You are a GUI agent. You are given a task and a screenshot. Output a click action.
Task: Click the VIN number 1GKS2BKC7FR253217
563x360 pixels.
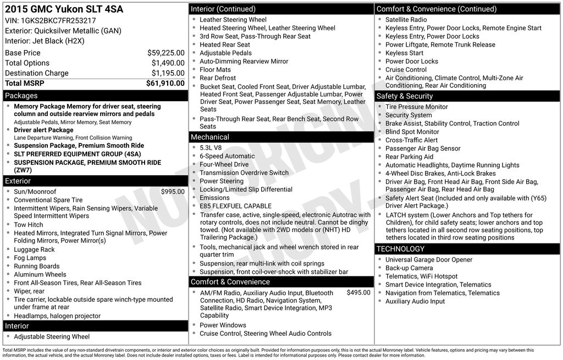[58, 20]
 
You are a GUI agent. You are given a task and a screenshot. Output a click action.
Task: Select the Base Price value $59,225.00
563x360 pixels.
[165, 53]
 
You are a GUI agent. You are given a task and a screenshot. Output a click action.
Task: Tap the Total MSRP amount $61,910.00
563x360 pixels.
[165, 83]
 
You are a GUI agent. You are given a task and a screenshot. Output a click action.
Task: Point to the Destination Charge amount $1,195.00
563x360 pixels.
[168, 73]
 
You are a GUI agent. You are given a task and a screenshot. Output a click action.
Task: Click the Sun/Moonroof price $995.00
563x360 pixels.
[173, 192]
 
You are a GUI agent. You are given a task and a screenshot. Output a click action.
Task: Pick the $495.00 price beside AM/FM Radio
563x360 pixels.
[358, 293]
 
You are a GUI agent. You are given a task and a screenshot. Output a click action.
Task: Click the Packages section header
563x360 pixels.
[21, 96]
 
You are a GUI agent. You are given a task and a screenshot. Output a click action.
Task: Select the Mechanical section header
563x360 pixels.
[210, 137]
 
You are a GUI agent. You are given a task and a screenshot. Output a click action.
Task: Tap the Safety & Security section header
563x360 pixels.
[404, 96]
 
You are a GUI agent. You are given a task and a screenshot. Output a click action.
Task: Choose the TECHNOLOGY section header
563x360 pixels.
[400, 249]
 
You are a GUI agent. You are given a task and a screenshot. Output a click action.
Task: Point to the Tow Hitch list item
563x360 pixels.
[29, 225]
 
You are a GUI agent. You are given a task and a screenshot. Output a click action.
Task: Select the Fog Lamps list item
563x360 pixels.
[30, 258]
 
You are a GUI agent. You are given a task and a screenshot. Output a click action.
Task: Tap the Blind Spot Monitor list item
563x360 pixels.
[412, 132]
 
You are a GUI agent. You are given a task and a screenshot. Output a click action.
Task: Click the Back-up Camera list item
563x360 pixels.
[409, 268]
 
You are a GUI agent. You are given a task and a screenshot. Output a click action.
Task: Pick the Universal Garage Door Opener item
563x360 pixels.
[428, 260]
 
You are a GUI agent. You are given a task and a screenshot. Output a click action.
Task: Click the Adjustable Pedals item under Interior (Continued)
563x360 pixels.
[225, 53]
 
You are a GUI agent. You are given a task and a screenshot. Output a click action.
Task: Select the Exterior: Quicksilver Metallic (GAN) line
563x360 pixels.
[63, 31]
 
